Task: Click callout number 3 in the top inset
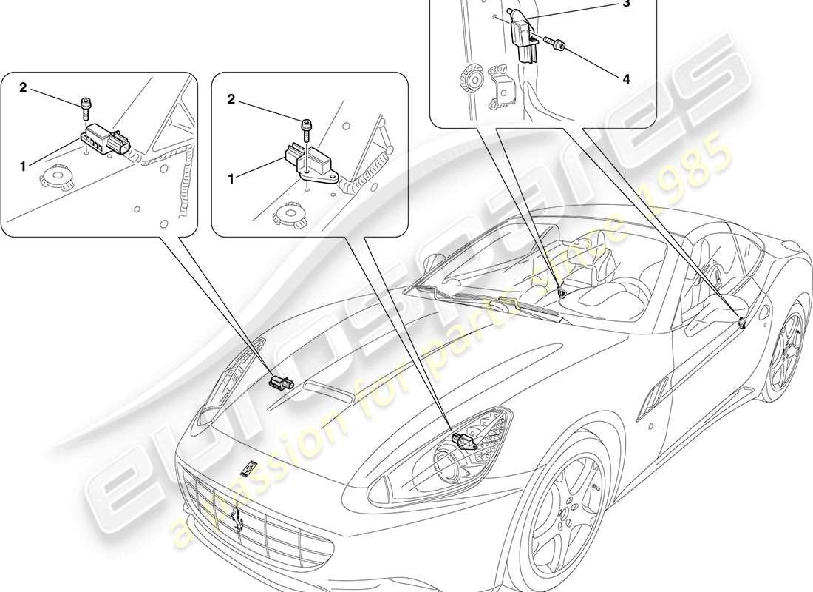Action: pos(626,4)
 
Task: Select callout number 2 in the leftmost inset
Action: pos(23,88)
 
